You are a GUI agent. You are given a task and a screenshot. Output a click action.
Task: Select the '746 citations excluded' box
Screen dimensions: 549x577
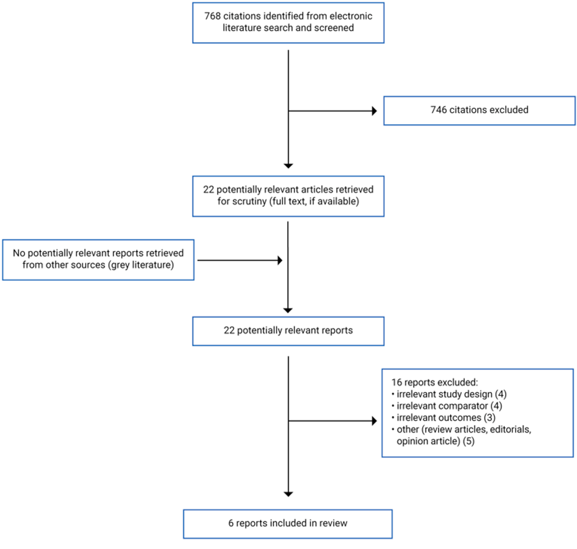tap(479, 110)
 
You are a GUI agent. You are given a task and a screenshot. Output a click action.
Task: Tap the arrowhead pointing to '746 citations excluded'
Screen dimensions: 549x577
tap(374, 111)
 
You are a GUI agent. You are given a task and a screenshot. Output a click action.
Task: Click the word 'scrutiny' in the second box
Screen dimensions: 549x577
tap(250, 201)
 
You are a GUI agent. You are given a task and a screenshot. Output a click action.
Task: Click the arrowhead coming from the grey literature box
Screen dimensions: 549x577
tap(280, 260)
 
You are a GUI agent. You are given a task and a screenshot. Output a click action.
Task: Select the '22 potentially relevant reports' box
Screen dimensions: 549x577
tap(288, 331)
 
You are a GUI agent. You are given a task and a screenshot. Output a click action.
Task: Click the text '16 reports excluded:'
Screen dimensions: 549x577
tap(434, 383)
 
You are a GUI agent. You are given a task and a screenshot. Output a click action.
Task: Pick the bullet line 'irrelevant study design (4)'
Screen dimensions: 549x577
tap(451, 394)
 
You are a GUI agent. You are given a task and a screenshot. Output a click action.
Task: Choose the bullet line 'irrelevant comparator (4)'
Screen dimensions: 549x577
tap(449, 406)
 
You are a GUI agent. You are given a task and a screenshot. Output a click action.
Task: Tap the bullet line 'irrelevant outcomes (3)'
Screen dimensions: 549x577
tap(446, 418)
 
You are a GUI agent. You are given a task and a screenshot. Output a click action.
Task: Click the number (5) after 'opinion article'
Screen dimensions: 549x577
tap(469, 441)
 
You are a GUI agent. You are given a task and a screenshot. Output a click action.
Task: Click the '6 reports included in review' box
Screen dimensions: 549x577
tap(288, 524)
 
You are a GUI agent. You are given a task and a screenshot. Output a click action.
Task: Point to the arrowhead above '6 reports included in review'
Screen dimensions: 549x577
tap(288, 494)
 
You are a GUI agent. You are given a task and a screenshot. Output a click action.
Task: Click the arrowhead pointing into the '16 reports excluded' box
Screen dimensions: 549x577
tap(374, 421)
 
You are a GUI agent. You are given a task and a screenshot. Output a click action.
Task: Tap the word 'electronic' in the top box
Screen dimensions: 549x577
tap(350, 16)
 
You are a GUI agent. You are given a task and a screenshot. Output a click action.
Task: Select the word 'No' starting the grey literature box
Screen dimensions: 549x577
tap(19, 253)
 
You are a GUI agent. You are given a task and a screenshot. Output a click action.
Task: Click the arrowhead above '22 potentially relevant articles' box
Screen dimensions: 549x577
tap(288, 165)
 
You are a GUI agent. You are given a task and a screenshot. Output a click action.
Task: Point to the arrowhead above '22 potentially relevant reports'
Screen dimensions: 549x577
tap(288, 310)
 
